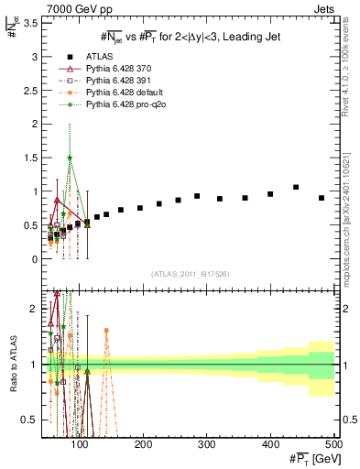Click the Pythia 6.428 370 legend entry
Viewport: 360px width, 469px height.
[116, 69]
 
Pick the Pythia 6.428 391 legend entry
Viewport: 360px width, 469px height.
[116, 81]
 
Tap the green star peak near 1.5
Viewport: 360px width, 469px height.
[70, 158]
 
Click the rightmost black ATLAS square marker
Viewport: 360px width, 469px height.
[322, 198]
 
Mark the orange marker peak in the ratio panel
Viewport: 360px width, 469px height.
[106, 330]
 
